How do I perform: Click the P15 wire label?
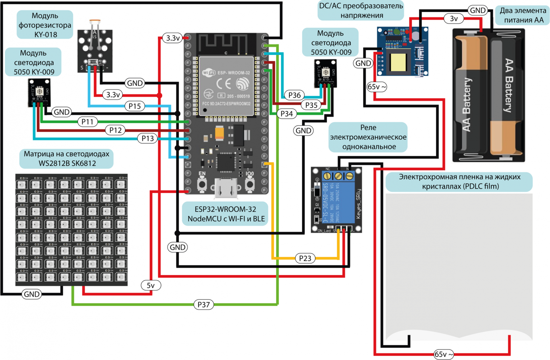pyautogui.click(x=135, y=106)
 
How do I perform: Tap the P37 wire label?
pyautogui.click(x=203, y=305)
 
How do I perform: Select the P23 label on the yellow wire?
pyautogui.click(x=305, y=258)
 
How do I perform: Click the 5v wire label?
pyautogui.click(x=151, y=285)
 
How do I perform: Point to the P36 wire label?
pyautogui.click(x=294, y=95)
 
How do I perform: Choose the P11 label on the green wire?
pyautogui.click(x=87, y=122)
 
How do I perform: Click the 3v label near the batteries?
pyautogui.click(x=454, y=18)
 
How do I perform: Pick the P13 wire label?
pyautogui.click(x=147, y=138)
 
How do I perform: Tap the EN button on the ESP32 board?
pyautogui.click(x=202, y=184)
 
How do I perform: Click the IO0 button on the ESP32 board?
pyautogui.click(x=250, y=184)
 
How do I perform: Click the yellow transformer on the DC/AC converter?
pyautogui.click(x=398, y=63)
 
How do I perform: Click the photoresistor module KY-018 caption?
pyautogui.click(x=45, y=25)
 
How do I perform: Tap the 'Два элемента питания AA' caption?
pyautogui.click(x=522, y=15)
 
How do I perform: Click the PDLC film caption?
pyautogui.click(x=459, y=182)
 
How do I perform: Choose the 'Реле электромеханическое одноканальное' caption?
pyautogui.click(x=368, y=137)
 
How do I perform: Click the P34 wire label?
pyautogui.click(x=287, y=114)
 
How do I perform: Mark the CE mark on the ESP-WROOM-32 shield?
pyautogui.click(x=224, y=84)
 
